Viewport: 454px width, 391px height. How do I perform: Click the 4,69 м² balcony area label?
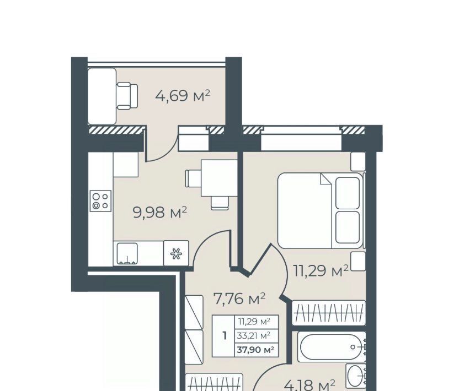[183, 96]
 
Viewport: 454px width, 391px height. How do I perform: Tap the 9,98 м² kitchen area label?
[160, 213]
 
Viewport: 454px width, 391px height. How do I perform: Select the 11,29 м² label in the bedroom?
[321, 271]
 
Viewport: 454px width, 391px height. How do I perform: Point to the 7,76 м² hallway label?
[239, 298]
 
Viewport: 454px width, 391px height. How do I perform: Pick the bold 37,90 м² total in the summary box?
[255, 350]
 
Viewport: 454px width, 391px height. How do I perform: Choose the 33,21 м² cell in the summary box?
[254, 335]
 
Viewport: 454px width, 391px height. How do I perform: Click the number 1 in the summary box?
[225, 336]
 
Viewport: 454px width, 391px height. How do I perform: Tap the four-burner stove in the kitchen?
[100, 201]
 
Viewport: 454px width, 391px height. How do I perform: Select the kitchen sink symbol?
[127, 253]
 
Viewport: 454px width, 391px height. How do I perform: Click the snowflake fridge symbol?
[176, 253]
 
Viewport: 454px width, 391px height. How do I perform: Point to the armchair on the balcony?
[127, 96]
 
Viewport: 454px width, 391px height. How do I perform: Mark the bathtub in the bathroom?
[332, 347]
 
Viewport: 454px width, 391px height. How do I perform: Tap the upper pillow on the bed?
[348, 193]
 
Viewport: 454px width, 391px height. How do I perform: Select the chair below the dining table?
[220, 203]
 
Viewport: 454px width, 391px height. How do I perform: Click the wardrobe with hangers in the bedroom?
[329, 313]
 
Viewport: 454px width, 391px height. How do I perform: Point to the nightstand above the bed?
[358, 161]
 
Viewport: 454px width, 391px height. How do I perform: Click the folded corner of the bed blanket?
[325, 179]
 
